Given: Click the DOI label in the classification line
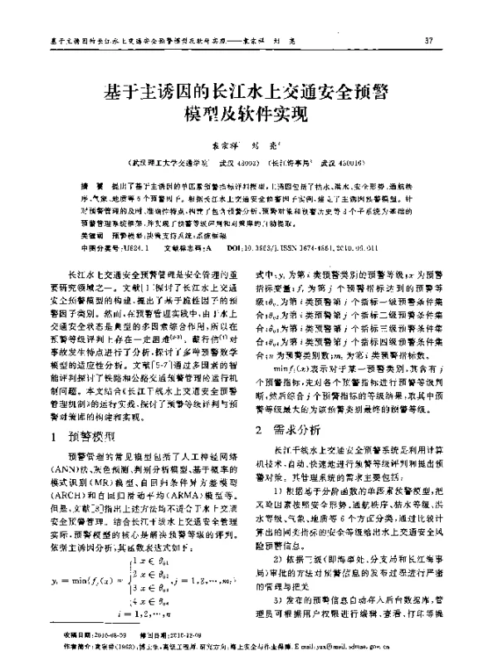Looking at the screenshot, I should coord(232,247).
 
